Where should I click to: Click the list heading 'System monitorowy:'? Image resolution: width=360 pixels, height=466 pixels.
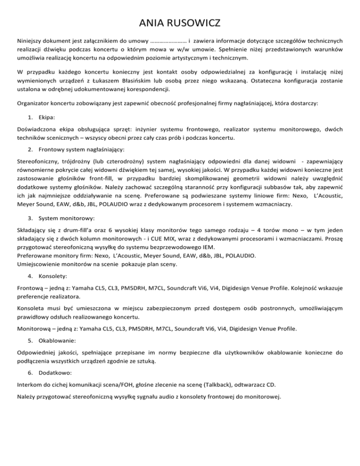pos(68,219)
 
